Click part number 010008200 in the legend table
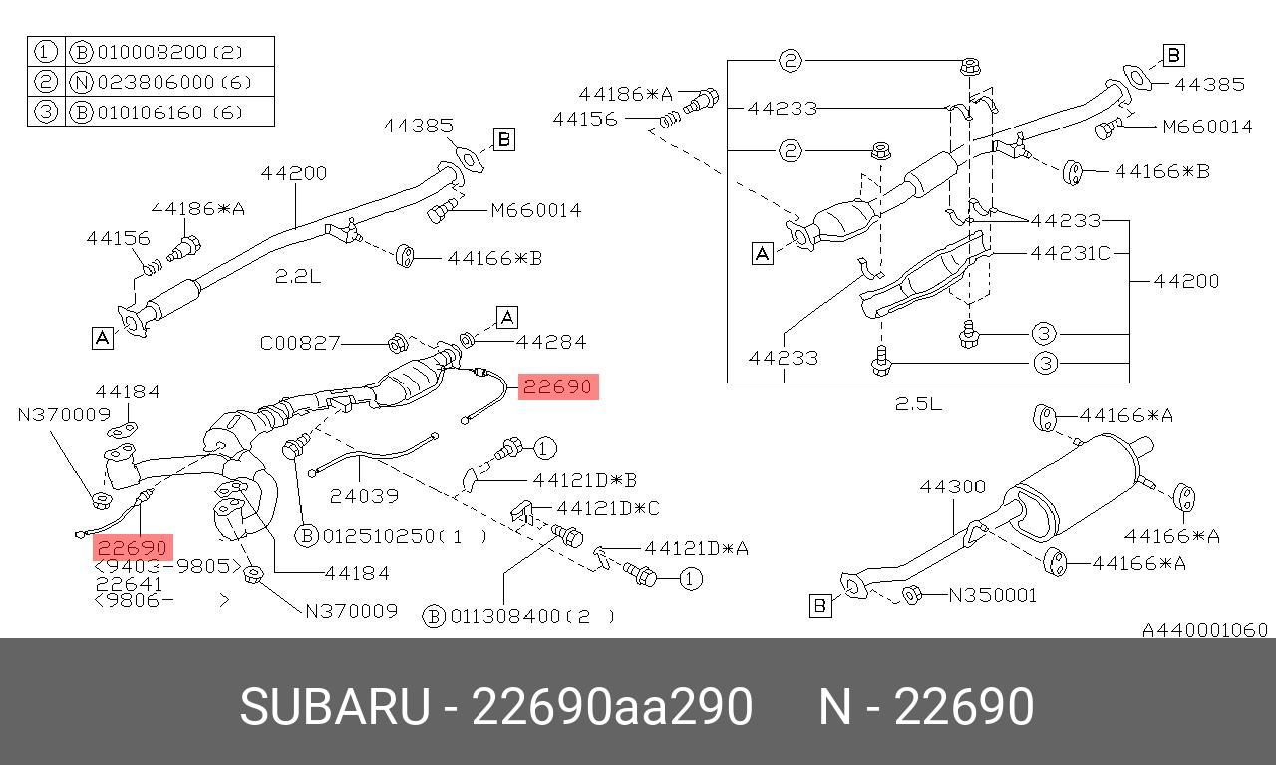tap(153, 53)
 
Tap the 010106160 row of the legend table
tap(150, 113)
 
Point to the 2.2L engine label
tap(298, 277)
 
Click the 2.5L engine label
tap(918, 404)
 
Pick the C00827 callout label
tap(300, 343)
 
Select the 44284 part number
tap(551, 342)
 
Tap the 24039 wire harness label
tap(364, 496)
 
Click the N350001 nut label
tap(992, 596)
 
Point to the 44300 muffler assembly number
tap(952, 487)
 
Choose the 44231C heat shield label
tap(1071, 253)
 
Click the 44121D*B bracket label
tap(584, 480)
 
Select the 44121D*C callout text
tap(608, 508)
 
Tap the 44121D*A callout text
tap(696, 548)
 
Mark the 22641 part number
tap(129, 584)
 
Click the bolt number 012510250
tap(378, 536)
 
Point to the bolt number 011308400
tap(505, 616)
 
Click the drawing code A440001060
tap(1205, 630)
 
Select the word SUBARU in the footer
tap(335, 707)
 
